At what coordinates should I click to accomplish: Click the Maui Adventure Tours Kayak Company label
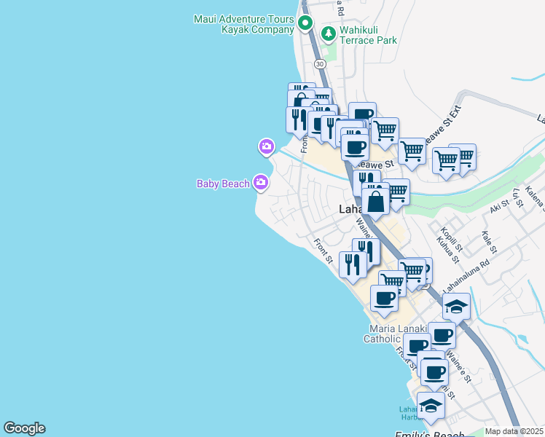pos(243,23)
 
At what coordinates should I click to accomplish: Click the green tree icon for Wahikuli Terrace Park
pos(329,34)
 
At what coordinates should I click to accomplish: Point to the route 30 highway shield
pos(320,64)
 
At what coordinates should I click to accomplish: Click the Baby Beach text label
pos(223,184)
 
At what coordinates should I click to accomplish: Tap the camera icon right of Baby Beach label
pos(261,183)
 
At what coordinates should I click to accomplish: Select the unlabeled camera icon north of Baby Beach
pos(266,147)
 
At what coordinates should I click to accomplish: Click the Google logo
pos(24,428)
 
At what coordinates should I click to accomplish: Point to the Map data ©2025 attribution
pos(514,431)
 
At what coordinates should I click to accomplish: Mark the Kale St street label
pos(488,243)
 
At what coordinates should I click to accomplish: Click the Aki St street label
pos(499,208)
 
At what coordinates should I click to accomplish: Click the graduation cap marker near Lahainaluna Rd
pos(456,306)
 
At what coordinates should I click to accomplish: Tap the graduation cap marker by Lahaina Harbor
pos(431,405)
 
